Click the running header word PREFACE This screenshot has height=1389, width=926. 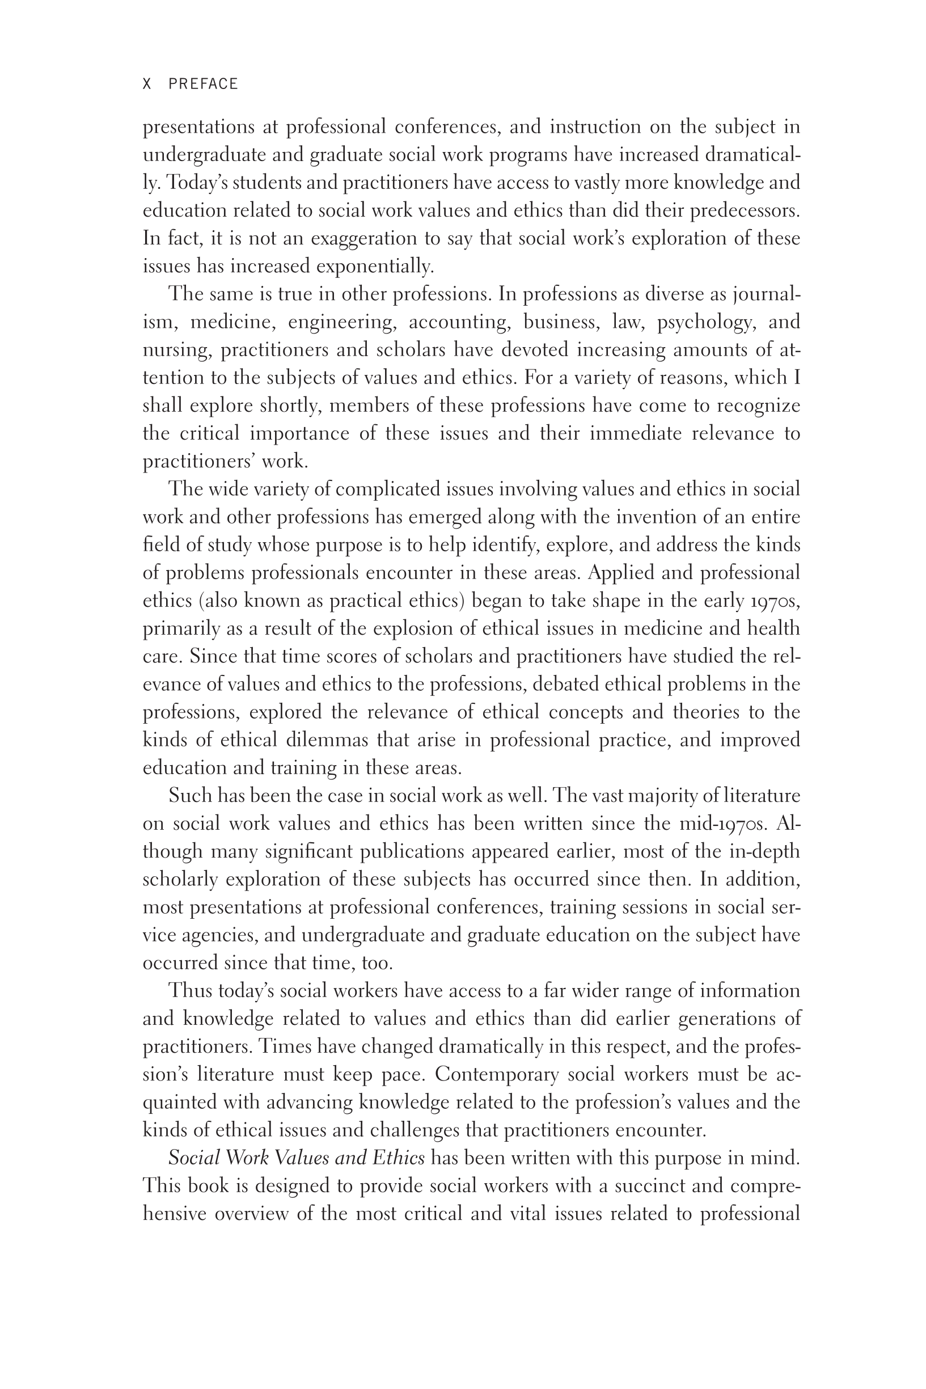[x=203, y=84]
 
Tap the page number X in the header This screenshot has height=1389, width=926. [x=147, y=84]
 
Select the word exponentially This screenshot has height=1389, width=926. [x=375, y=267]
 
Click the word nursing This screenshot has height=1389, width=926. [x=177, y=350]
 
